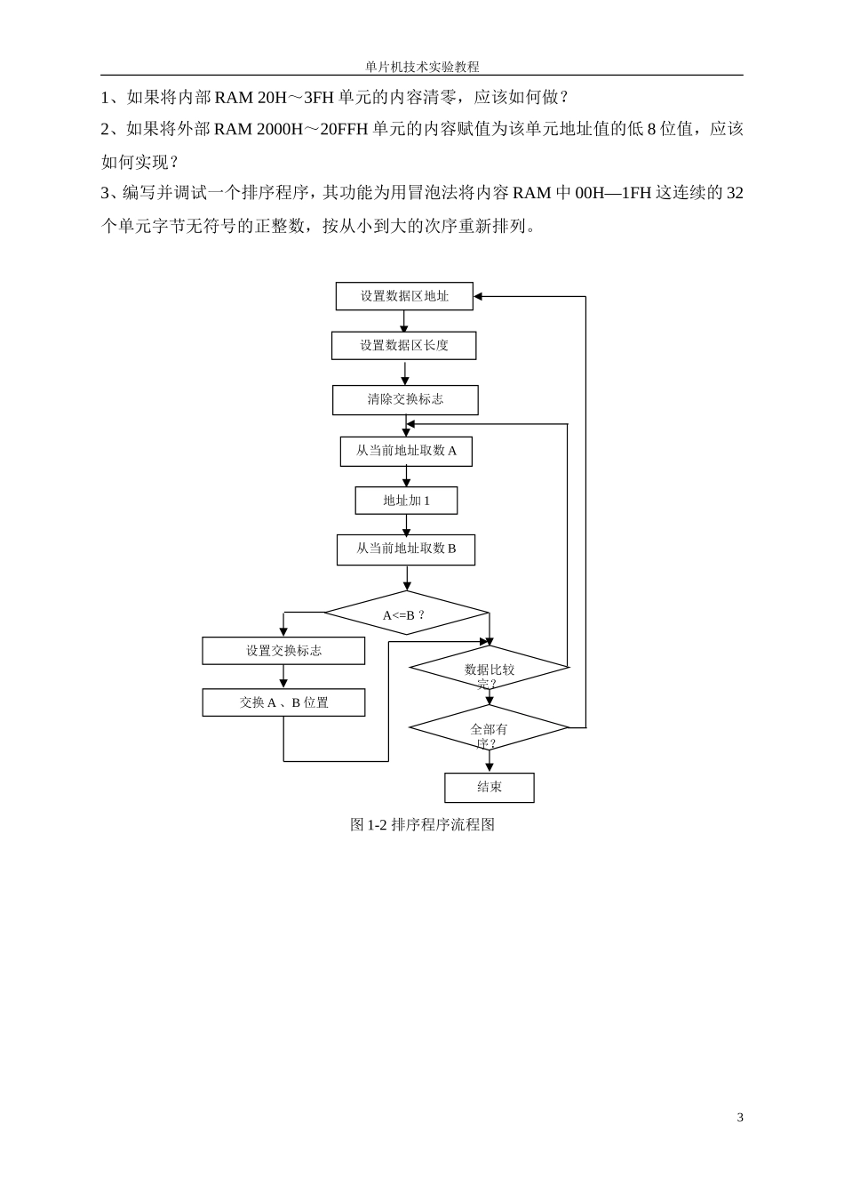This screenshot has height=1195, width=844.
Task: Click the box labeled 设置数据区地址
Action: (x=404, y=296)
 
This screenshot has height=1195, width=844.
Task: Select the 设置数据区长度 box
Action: (x=404, y=345)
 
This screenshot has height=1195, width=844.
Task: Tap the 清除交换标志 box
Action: (x=405, y=399)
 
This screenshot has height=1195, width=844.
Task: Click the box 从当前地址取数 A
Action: (x=406, y=451)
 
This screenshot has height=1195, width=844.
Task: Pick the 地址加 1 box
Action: (x=406, y=501)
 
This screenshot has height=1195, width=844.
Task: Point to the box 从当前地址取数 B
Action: (x=406, y=549)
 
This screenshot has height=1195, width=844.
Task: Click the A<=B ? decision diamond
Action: (x=406, y=614)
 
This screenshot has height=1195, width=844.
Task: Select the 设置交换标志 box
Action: (x=283, y=651)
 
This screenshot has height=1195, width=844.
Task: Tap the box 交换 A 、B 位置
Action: (x=283, y=702)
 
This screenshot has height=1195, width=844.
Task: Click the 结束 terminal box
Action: (x=489, y=787)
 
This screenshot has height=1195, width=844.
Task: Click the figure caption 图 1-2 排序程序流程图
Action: (x=422, y=824)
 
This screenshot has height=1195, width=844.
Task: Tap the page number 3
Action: (x=740, y=1118)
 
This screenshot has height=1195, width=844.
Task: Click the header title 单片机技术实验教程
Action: (x=422, y=67)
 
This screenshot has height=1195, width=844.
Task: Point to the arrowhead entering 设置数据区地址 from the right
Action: (x=479, y=296)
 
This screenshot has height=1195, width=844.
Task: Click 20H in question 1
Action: (x=272, y=97)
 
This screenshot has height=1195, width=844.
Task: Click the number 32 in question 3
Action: (x=734, y=193)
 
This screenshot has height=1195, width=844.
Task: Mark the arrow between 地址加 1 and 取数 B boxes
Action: (x=406, y=526)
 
